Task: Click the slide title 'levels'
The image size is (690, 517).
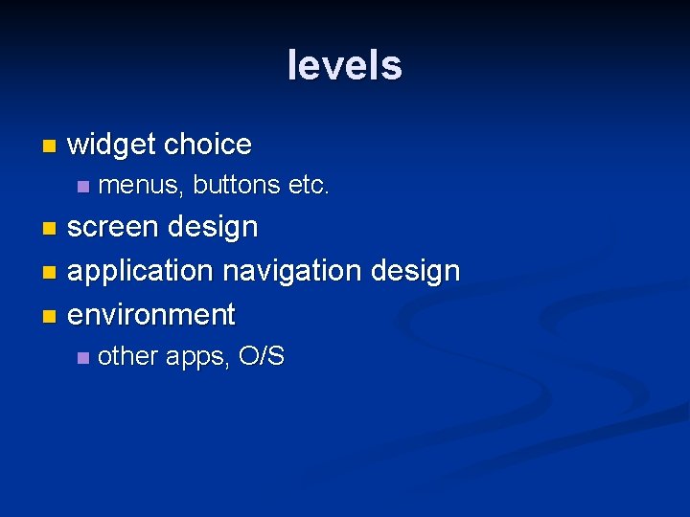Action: click(x=344, y=65)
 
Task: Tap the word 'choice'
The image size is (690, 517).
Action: click(x=207, y=145)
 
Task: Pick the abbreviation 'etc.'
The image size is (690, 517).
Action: click(x=309, y=185)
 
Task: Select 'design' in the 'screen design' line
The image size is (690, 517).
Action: click(x=213, y=228)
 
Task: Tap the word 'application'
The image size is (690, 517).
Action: click(x=140, y=271)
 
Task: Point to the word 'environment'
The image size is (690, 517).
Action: click(x=151, y=314)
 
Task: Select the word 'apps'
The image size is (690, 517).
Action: click(x=197, y=357)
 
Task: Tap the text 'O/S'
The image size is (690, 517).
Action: click(x=261, y=356)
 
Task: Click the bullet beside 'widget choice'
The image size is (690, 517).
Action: click(x=50, y=146)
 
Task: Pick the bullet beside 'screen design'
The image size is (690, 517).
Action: click(x=50, y=229)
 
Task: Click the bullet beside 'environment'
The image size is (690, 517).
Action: click(x=50, y=315)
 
